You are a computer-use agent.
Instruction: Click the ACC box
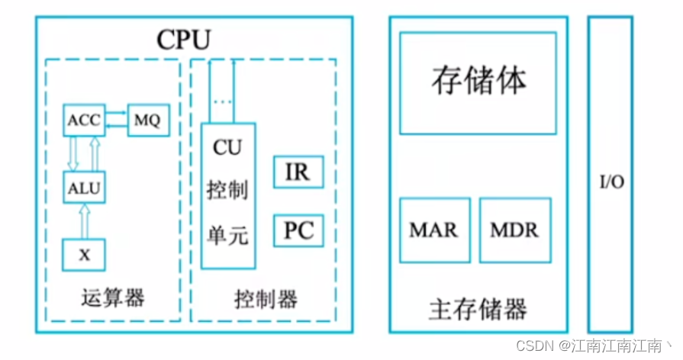click(x=83, y=121)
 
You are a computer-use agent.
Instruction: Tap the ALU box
click(x=84, y=187)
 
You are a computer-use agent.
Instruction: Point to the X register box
click(x=84, y=255)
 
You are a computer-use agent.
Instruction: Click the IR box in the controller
click(x=298, y=172)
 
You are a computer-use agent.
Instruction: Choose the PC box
click(x=298, y=230)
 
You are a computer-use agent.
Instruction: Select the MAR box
click(x=433, y=229)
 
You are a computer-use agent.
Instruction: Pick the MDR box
click(x=514, y=229)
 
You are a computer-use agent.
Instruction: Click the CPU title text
click(x=183, y=39)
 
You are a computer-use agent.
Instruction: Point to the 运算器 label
click(x=112, y=298)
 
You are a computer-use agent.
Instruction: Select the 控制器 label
click(x=265, y=298)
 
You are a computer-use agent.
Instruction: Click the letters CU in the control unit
click(x=227, y=148)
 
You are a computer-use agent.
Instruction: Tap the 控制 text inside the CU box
click(x=227, y=191)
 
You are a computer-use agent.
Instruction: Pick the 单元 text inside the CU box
click(x=227, y=235)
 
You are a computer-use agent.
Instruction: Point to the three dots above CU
click(x=222, y=101)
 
